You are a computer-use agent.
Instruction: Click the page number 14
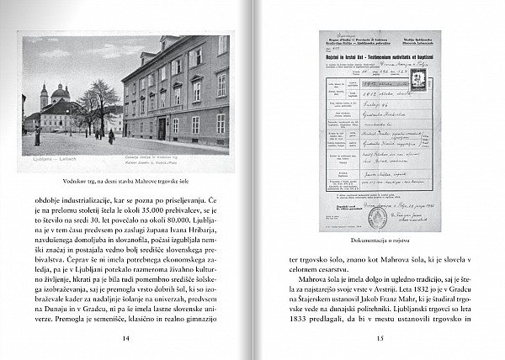[x=125, y=338]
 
